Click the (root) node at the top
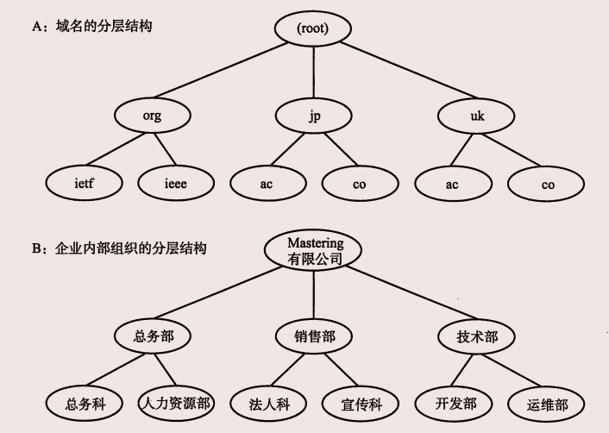312,28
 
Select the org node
152,116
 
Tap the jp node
314,116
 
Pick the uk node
475,116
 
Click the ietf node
83,184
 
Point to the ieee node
176,184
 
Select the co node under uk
548,184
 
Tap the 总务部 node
154,336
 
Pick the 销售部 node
315,336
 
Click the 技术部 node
477,336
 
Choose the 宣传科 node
360,403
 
